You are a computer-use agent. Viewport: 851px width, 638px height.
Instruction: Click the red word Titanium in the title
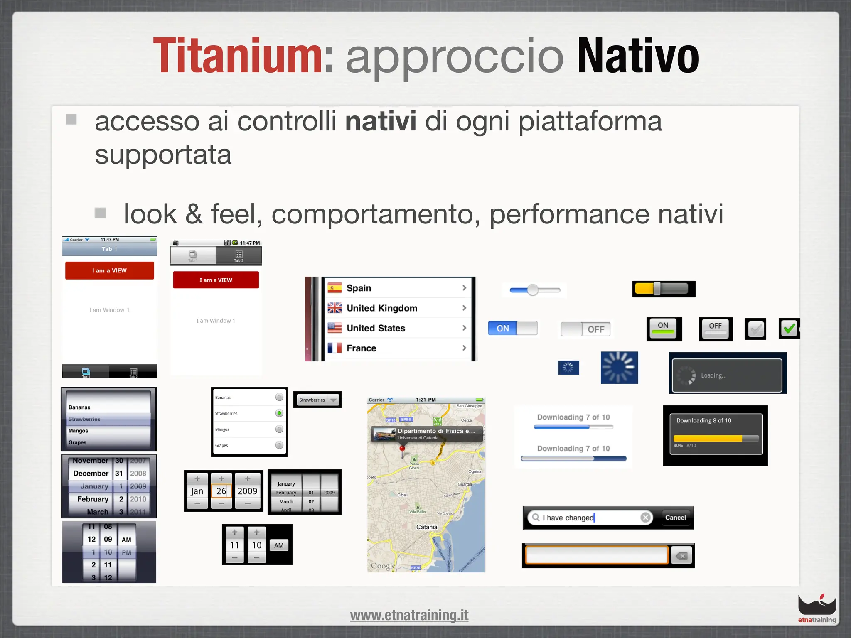pyautogui.click(x=237, y=56)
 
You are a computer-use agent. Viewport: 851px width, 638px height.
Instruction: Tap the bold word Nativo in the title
pyautogui.click(x=638, y=56)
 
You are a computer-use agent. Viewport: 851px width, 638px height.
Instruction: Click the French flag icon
pyautogui.click(x=334, y=348)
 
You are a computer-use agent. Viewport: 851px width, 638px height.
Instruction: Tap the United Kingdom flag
pyautogui.click(x=334, y=308)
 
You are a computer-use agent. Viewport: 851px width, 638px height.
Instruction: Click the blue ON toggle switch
pyautogui.click(x=512, y=328)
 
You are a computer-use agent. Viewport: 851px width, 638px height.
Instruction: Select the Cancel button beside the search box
pyautogui.click(x=675, y=518)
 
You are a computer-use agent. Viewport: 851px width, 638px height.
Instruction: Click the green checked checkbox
pyautogui.click(x=789, y=329)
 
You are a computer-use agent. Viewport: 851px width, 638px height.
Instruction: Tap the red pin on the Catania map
pyautogui.click(x=402, y=449)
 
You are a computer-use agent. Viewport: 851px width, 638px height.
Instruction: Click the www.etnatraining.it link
pyautogui.click(x=409, y=615)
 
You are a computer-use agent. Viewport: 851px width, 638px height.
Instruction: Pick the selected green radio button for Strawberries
pyautogui.click(x=279, y=413)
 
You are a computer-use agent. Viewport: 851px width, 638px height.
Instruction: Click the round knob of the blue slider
pyautogui.click(x=533, y=290)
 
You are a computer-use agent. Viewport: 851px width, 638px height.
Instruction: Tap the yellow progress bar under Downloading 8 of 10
pyautogui.click(x=716, y=439)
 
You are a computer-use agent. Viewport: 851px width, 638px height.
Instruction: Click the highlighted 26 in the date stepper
pyautogui.click(x=221, y=491)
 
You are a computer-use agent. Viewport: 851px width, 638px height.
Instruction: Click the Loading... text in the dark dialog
pyautogui.click(x=713, y=375)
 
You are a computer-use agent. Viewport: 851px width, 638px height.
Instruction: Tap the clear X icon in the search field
pyautogui.click(x=645, y=518)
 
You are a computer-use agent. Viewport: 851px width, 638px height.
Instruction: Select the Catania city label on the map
pyautogui.click(x=427, y=527)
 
